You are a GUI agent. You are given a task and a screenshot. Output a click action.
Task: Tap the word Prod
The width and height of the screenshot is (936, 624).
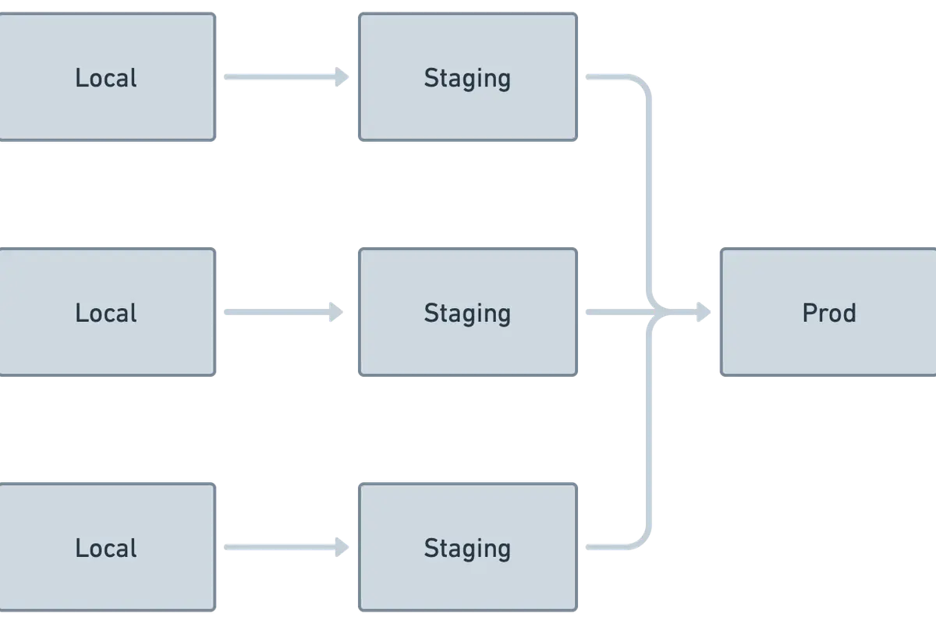829,314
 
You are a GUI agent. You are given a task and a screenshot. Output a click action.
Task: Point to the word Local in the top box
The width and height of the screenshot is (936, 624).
106,78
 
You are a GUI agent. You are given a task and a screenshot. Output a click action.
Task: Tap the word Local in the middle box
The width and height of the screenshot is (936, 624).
106,314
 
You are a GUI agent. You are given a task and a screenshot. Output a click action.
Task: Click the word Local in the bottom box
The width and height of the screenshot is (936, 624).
106,549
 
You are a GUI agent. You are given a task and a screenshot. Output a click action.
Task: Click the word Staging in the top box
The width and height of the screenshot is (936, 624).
467,79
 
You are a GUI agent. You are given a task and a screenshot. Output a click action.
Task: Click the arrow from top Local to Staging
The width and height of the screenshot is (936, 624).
285,76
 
